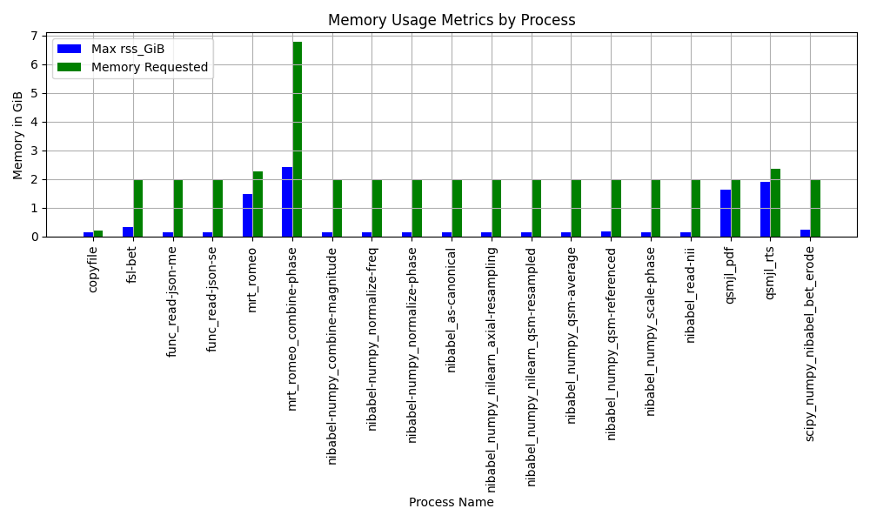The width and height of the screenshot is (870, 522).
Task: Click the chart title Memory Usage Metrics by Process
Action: [451, 20]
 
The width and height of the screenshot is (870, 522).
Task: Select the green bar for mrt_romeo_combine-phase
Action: [298, 139]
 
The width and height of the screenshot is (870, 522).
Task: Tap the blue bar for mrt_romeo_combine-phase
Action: [287, 202]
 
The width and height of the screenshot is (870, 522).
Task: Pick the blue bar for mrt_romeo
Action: [247, 216]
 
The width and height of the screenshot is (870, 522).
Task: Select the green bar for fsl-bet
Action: [138, 209]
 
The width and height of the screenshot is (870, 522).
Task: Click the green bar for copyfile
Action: [98, 233]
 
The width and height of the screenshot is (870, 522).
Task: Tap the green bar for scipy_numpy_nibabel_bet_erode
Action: [815, 209]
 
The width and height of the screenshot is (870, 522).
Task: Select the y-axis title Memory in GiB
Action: [18, 136]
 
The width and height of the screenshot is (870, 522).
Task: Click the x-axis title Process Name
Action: [451, 502]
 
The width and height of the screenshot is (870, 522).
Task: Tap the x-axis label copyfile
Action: [93, 268]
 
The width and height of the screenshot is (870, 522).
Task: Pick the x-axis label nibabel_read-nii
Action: [691, 294]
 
